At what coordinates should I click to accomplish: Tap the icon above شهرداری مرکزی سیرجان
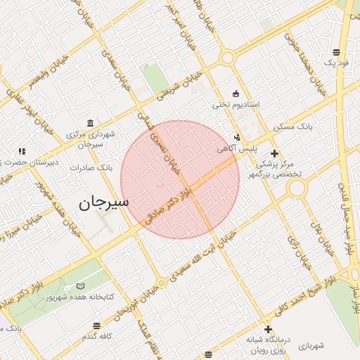tap(89, 122)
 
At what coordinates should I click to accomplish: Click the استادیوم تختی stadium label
tap(236, 105)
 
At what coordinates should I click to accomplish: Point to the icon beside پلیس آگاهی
tap(236, 138)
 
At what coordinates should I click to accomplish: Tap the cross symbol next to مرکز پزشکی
tap(274, 153)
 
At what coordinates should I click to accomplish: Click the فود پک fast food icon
tap(336, 52)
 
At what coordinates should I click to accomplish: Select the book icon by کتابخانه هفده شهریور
tap(80, 286)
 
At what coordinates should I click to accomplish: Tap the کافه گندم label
tap(97, 337)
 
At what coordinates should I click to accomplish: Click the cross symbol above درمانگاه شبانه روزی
tap(267, 329)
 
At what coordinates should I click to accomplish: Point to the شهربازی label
tap(310, 346)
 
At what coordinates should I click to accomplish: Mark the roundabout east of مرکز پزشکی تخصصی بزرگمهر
tap(297, 187)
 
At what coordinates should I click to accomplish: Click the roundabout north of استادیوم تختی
tap(227, 58)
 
